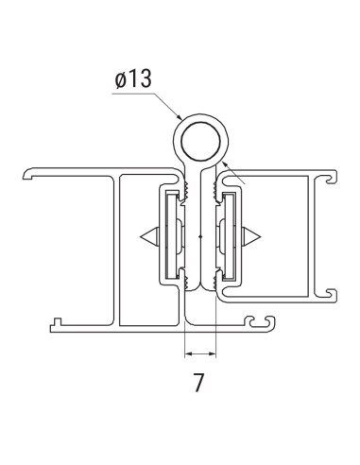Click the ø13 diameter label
coord(132,79)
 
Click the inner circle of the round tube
coord(200,139)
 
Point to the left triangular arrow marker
coord(147,234)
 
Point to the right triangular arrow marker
coord(252,234)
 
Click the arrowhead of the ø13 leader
coord(180,119)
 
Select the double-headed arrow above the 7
coord(199,354)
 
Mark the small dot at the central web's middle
coord(200,234)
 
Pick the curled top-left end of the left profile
coord(27,176)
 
